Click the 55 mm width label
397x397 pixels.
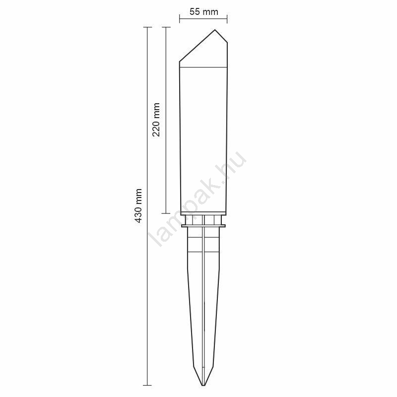[x=203, y=11]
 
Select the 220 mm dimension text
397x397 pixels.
[x=156, y=120]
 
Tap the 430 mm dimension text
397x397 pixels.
[x=138, y=205]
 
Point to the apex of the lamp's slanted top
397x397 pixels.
[x=215, y=30]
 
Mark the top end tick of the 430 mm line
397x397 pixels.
[x=147, y=27]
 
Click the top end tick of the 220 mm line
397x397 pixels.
[x=166, y=27]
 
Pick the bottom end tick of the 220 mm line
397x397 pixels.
[x=166, y=213]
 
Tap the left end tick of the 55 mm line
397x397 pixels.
[x=180, y=19]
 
